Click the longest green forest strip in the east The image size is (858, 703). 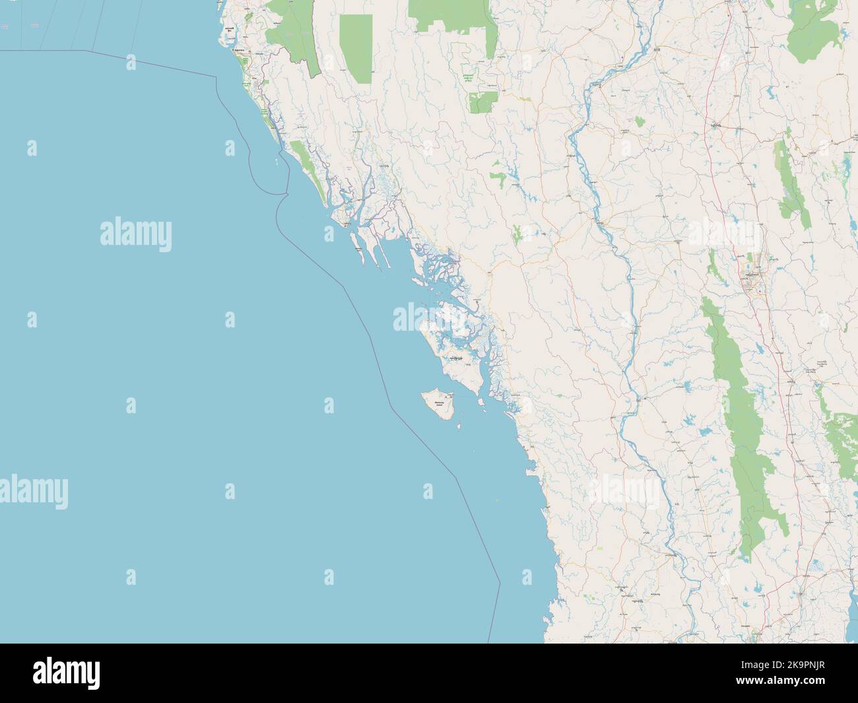click(x=742, y=422)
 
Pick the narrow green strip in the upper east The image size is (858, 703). click(x=785, y=178)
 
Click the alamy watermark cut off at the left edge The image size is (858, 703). click(x=33, y=492)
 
